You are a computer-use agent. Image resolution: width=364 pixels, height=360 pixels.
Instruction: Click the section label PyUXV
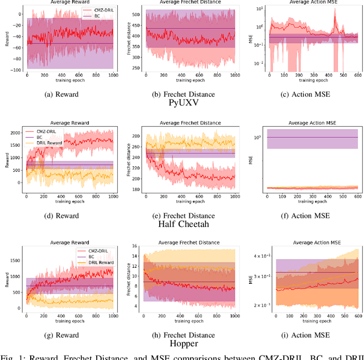[184, 103]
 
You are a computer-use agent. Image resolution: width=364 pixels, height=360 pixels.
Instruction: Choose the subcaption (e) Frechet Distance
[184, 215]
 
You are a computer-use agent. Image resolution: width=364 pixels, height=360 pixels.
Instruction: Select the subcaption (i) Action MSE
[305, 336]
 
